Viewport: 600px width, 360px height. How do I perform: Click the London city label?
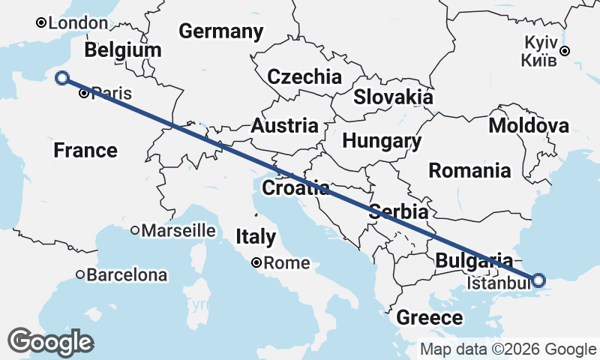pyautogui.click(x=78, y=23)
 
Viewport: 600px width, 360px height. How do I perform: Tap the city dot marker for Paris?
pyautogui.click(x=84, y=94)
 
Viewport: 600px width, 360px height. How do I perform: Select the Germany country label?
pyautogui.click(x=220, y=31)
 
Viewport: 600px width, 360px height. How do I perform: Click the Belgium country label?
pyautogui.click(x=123, y=50)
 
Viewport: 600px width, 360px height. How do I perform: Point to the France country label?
pyautogui.click(x=85, y=151)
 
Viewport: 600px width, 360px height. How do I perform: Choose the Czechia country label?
pyautogui.click(x=304, y=76)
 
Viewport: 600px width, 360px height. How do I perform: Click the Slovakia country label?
pyautogui.click(x=393, y=97)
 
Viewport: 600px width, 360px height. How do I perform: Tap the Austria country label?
pyautogui.click(x=284, y=126)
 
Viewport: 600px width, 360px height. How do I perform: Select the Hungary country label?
pyautogui.click(x=381, y=141)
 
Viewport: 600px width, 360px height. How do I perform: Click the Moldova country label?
pyautogui.click(x=528, y=125)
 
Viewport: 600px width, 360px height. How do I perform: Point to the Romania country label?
pyautogui.click(x=469, y=170)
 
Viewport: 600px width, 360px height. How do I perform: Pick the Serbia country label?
pyautogui.click(x=398, y=212)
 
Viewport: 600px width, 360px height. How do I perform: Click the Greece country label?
pyautogui.click(x=430, y=317)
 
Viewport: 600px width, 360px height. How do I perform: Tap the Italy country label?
pyautogui.click(x=256, y=237)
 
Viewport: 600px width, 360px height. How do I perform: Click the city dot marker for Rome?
pyautogui.click(x=257, y=263)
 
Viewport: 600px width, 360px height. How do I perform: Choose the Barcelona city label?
pyautogui.click(x=126, y=275)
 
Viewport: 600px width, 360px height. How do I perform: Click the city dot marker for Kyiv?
pyautogui.click(x=565, y=51)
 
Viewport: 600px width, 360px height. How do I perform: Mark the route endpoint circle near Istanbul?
pyautogui.click(x=538, y=280)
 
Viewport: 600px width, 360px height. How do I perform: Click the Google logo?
pyautogui.click(x=51, y=342)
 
